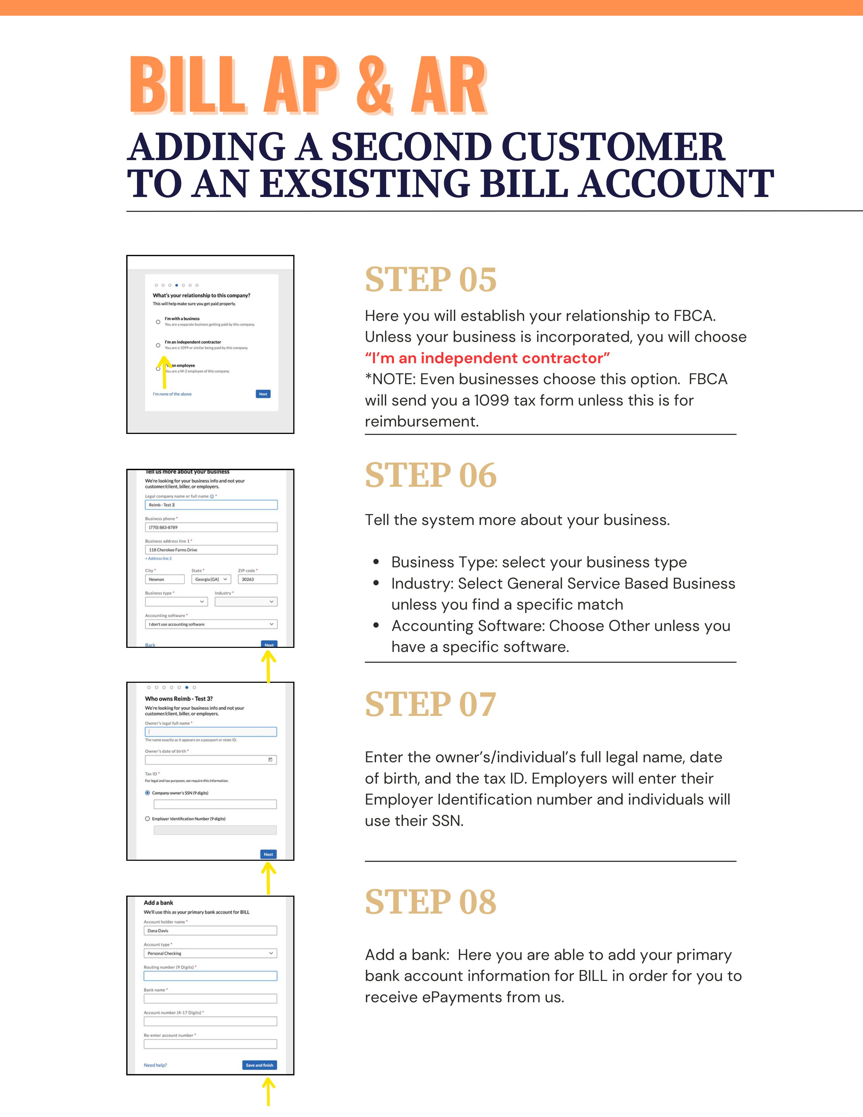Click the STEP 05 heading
pos(430,280)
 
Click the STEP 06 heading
pos(430,475)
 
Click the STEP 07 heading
pos(430,704)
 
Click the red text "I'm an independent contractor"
pos(487,358)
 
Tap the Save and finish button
pos(259,1065)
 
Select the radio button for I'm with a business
pos(158,322)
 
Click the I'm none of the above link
pos(172,394)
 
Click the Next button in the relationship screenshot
pos(263,394)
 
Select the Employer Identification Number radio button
pos(148,818)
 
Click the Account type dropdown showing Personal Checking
pos(210,953)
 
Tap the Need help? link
pos(155,1065)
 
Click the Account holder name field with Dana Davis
pos(210,931)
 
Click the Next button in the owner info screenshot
pos(268,854)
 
